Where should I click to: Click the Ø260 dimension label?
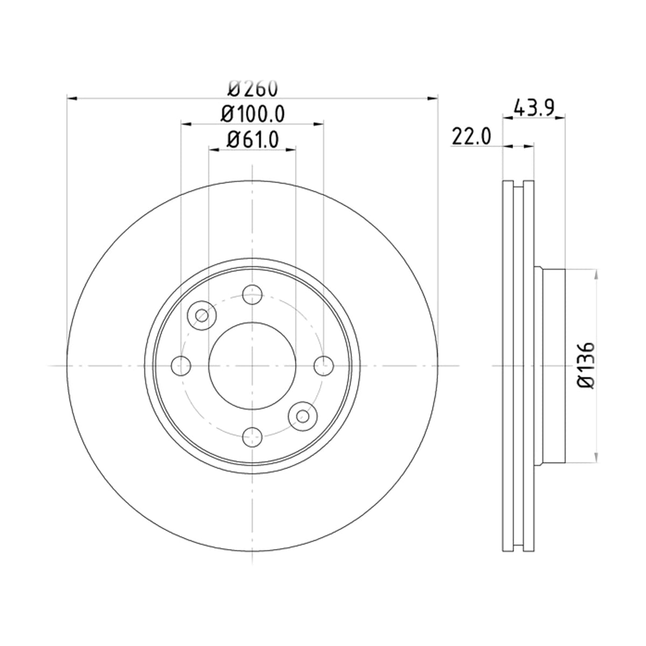tap(253, 89)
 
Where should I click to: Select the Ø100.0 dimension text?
tap(253, 114)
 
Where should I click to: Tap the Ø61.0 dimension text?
tap(253, 139)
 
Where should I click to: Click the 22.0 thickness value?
tap(472, 136)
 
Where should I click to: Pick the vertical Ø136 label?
tap(586, 365)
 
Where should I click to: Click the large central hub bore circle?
tap(252, 366)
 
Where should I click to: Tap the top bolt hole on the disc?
tap(252, 294)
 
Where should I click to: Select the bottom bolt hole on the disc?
tap(252, 437)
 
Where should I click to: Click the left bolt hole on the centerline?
tap(181, 366)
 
